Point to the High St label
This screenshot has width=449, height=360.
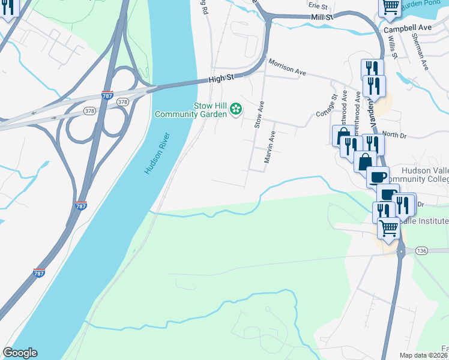(x=220, y=78)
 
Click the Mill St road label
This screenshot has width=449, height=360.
(x=322, y=18)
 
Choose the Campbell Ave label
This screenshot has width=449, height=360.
(x=408, y=28)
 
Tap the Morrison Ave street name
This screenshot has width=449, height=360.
(x=287, y=67)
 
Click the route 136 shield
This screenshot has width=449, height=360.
(x=421, y=250)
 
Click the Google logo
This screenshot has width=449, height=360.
(x=20, y=353)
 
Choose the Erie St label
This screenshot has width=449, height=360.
(x=316, y=5)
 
